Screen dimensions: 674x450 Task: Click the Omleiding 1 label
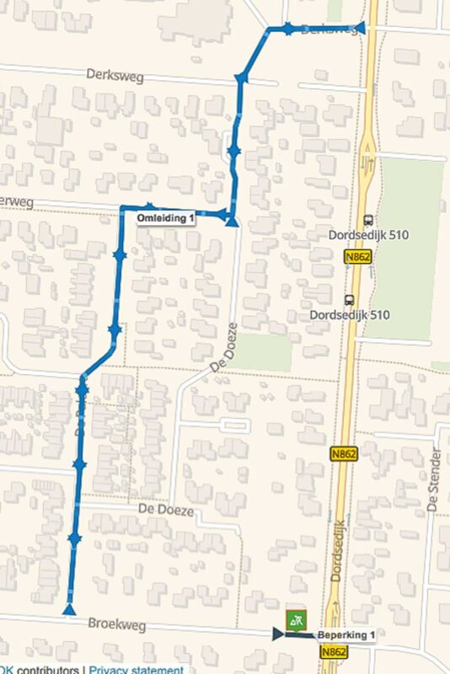166,218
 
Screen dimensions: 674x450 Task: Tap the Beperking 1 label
347,634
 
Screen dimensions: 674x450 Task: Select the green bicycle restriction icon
294,620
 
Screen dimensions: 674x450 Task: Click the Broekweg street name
116,624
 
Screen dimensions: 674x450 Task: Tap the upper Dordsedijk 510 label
369,235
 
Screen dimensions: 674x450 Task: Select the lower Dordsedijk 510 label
350,315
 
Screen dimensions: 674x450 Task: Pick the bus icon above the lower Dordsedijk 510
349,299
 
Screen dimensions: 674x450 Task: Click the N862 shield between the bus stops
357,254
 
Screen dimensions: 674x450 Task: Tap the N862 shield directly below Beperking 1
335,652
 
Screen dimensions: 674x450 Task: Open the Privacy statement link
137,670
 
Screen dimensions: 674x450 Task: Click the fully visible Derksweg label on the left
115,75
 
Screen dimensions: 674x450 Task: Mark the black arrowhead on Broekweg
278,634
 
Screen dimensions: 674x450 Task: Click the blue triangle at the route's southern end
70,608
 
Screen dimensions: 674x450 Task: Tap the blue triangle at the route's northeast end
361,26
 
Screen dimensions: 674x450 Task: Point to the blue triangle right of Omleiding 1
232,221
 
